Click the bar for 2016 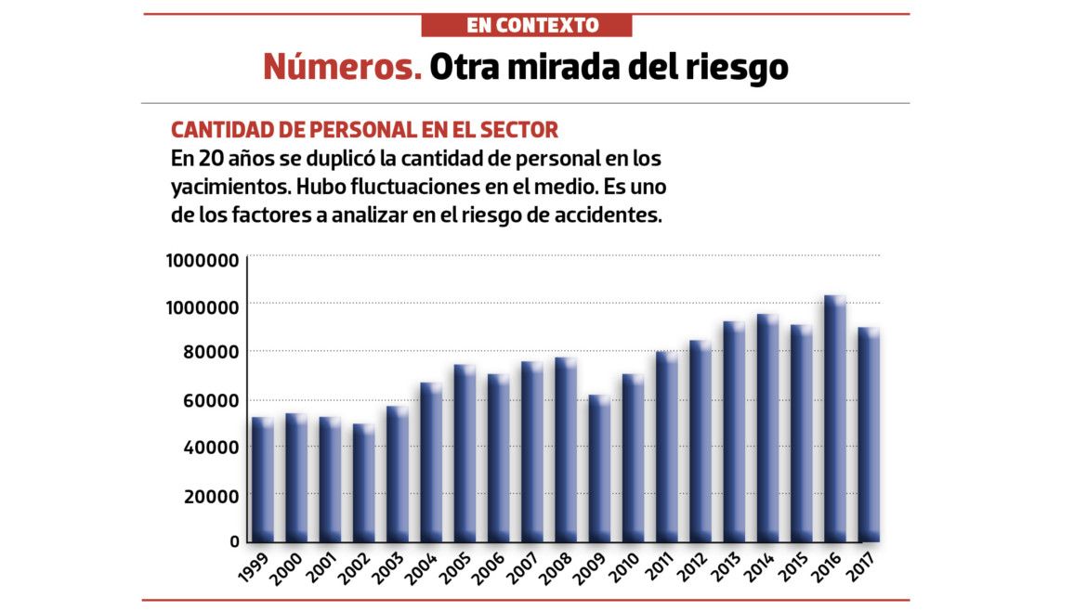click(834, 418)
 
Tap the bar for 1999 click(262, 479)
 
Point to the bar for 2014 click(767, 427)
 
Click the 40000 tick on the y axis click(203, 448)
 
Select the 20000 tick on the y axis click(203, 495)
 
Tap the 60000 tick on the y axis click(203, 400)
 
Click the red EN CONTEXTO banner click(526, 25)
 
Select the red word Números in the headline click(341, 67)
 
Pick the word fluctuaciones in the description click(354, 186)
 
